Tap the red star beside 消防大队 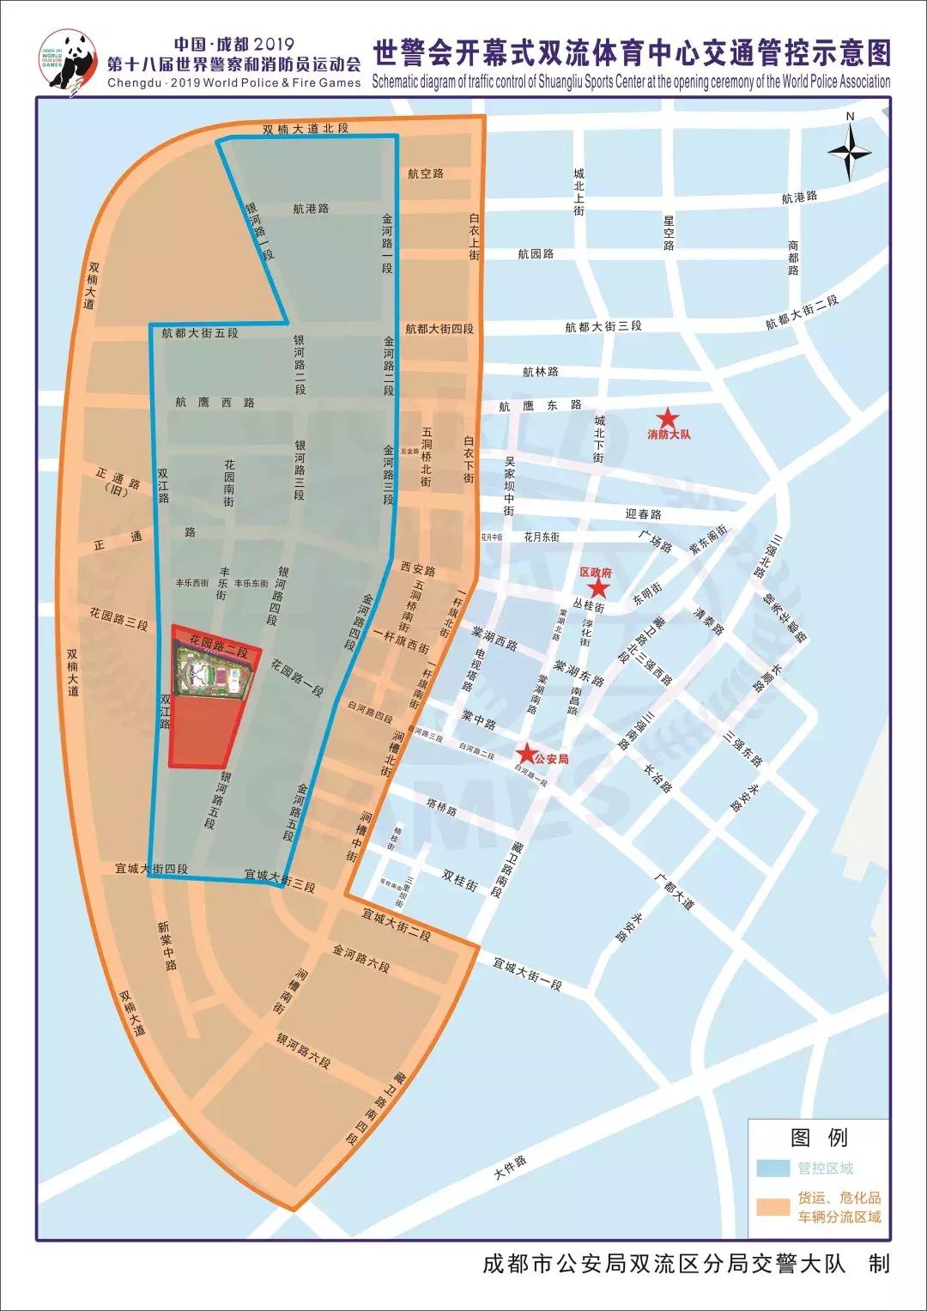669,417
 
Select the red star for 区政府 598,588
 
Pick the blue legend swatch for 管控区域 773,1168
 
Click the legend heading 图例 819,1138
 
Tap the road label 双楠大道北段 306,129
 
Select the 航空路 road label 426,173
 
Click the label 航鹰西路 215,402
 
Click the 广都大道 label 673,893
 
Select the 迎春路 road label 644,514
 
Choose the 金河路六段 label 361,960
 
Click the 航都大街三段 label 603,326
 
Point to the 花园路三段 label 118,619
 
